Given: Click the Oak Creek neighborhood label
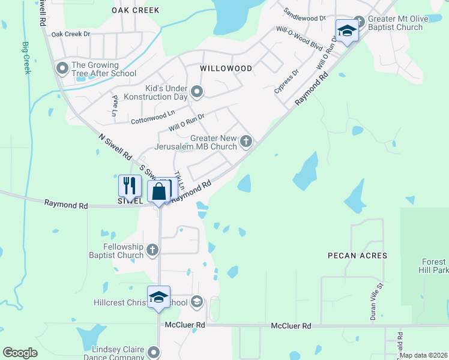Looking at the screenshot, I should [136, 10].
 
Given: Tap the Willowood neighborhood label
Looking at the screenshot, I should [226, 68].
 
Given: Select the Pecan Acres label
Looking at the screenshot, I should [357, 256].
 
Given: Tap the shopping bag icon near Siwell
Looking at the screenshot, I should [159, 192].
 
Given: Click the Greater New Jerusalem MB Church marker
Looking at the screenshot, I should [246, 142].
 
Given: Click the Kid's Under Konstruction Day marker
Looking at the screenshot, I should [196, 92].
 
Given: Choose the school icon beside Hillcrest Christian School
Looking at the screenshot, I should [196, 302].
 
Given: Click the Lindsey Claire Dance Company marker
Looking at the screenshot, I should [154, 352].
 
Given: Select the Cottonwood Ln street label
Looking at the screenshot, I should [153, 117].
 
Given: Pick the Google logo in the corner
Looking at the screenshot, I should [20, 353].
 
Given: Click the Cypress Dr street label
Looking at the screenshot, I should [286, 82].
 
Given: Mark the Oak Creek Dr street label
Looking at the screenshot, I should [70, 34].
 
